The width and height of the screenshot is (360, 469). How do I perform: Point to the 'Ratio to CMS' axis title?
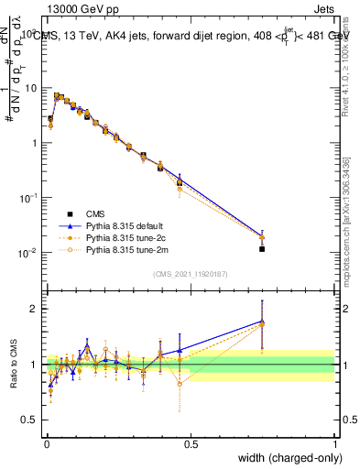coord(12,365)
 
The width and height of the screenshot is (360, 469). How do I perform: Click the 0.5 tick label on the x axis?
coord(190,442)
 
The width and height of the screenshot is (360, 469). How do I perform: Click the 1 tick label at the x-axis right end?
coord(335,442)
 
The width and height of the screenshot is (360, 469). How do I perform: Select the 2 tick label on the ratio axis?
coord(34,309)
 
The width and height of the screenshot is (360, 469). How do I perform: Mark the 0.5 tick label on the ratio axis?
coord(30,420)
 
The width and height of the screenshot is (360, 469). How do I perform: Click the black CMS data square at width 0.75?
coord(262,248)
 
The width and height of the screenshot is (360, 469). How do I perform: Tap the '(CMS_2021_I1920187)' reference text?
coord(190,273)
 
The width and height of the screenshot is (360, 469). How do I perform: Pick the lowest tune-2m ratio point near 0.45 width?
coord(180,384)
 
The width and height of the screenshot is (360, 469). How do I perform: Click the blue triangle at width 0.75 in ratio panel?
coord(262,322)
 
